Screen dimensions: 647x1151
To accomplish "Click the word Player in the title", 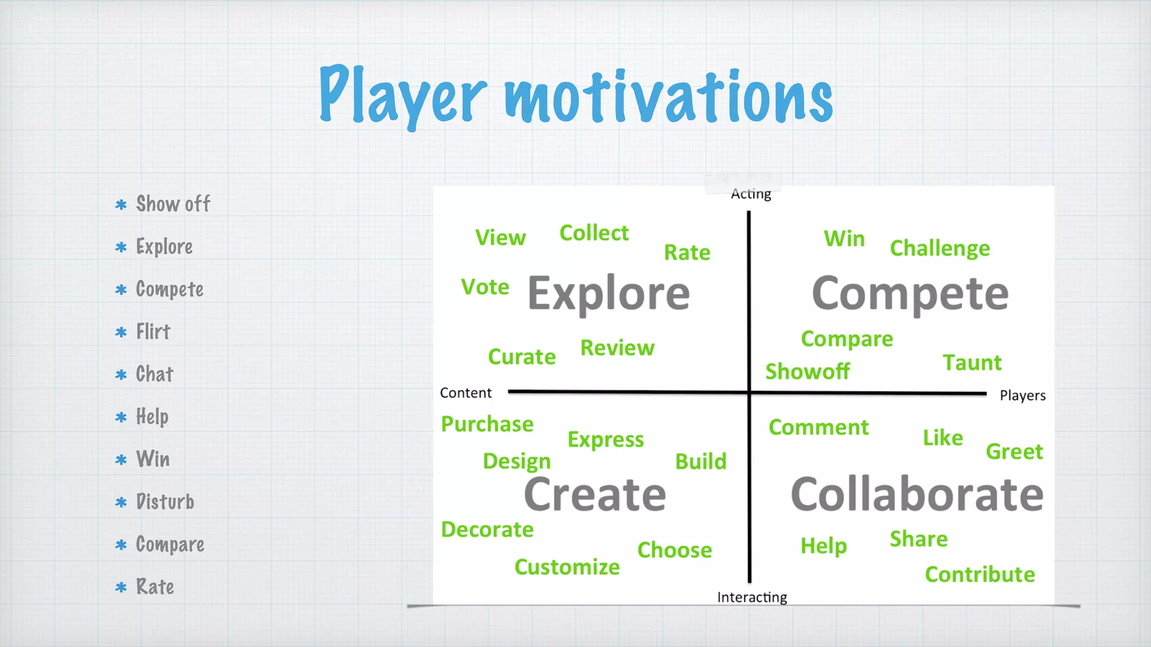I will pos(402,95).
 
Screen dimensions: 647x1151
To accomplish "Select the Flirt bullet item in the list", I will pos(153,332).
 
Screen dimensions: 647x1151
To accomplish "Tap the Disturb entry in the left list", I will pos(165,502).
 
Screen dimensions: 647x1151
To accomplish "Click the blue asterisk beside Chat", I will pos(121,375).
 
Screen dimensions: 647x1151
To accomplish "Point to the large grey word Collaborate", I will pos(917,494).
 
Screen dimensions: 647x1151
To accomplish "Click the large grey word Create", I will pos(595,494).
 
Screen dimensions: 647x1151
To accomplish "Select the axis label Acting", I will pos(751,194).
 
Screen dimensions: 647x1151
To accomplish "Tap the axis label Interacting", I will pos(752,597).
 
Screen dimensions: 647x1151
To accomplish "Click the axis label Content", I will pos(465,393).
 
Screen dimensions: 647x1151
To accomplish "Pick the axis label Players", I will pos(1022,395).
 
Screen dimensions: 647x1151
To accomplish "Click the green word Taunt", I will pos(972,363).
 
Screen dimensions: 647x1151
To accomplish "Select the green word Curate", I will pos(522,357).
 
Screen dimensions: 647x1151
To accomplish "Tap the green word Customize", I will pos(567,567).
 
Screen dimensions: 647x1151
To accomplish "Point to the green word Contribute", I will pos(980,575).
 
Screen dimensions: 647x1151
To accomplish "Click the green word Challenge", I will pos(940,248).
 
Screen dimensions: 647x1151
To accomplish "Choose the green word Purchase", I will pos(487,424).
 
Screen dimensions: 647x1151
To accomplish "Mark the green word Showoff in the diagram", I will pos(808,371).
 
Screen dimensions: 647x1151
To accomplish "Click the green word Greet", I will pos(1014,452).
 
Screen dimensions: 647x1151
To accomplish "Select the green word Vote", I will pos(485,287).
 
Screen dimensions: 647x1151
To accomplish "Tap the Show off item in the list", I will pos(173,204).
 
